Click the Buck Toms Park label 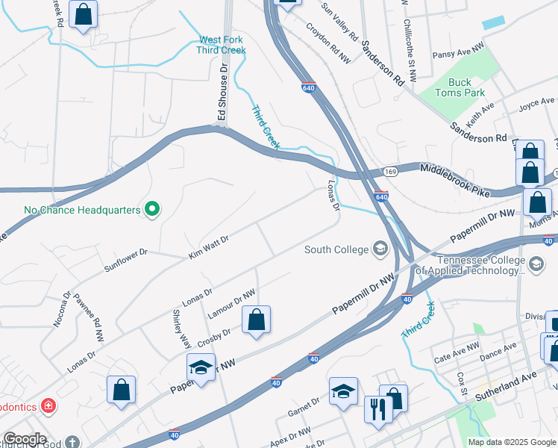click(x=466, y=87)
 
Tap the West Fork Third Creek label click(x=221, y=45)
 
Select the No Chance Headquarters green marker click(x=152, y=210)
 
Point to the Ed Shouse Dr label click(x=222, y=92)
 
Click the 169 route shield click(x=390, y=172)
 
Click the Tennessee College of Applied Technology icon click(x=536, y=263)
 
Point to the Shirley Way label click(x=181, y=329)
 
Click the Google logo click(x=25, y=439)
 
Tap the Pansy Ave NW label click(x=458, y=51)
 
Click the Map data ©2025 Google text click(x=511, y=442)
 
